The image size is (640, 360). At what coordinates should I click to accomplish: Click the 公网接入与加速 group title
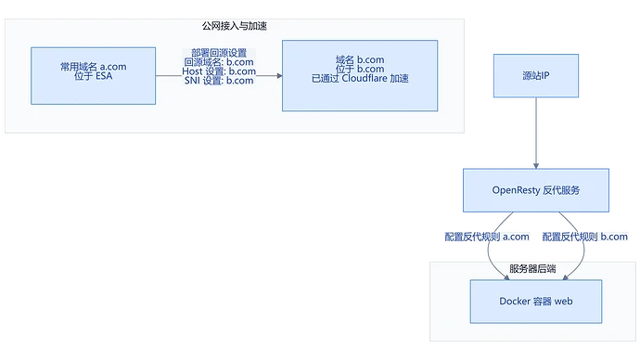pyautogui.click(x=235, y=26)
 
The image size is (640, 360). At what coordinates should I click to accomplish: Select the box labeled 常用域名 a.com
pyautogui.click(x=93, y=76)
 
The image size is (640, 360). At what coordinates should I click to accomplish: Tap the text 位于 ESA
pyautogui.click(x=93, y=76)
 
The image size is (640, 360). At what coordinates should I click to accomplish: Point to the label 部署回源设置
pyautogui.click(x=219, y=53)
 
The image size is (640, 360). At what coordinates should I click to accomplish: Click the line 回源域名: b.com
pyautogui.click(x=219, y=62)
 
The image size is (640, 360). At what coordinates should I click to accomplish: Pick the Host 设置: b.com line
pyautogui.click(x=219, y=71)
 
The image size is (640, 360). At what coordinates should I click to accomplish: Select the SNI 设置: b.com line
pyautogui.click(x=219, y=81)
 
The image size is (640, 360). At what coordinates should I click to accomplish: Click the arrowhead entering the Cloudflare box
pyautogui.click(x=279, y=75)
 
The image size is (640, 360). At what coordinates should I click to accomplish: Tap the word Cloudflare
pyautogui.click(x=365, y=78)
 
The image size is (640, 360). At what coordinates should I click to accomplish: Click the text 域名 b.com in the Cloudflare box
pyautogui.click(x=360, y=59)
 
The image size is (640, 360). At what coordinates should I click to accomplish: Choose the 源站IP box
pyautogui.click(x=536, y=75)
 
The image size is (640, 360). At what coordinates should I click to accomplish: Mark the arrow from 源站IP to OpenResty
pyautogui.click(x=536, y=133)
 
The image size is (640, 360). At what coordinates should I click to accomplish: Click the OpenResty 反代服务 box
pyautogui.click(x=536, y=190)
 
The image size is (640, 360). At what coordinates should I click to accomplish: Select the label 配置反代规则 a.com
pyautogui.click(x=487, y=237)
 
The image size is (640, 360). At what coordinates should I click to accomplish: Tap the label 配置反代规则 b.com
pyautogui.click(x=585, y=237)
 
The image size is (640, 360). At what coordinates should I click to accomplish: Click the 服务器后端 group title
pyautogui.click(x=532, y=268)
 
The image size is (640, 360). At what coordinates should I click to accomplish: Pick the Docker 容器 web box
pyautogui.click(x=536, y=302)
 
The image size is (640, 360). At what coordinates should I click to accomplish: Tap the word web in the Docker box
pyautogui.click(x=564, y=302)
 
